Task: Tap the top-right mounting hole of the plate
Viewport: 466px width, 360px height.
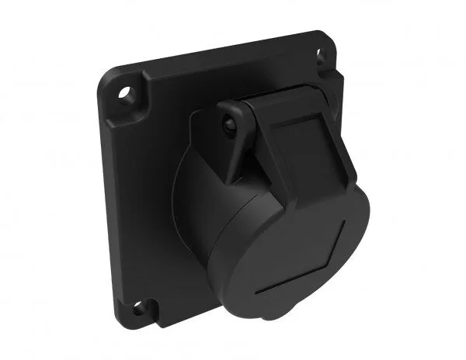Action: click(318, 54)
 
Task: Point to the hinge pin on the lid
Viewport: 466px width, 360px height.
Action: click(228, 123)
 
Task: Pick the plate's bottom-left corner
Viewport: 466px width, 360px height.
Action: click(124, 319)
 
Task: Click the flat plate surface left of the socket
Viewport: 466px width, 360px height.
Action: click(140, 202)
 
